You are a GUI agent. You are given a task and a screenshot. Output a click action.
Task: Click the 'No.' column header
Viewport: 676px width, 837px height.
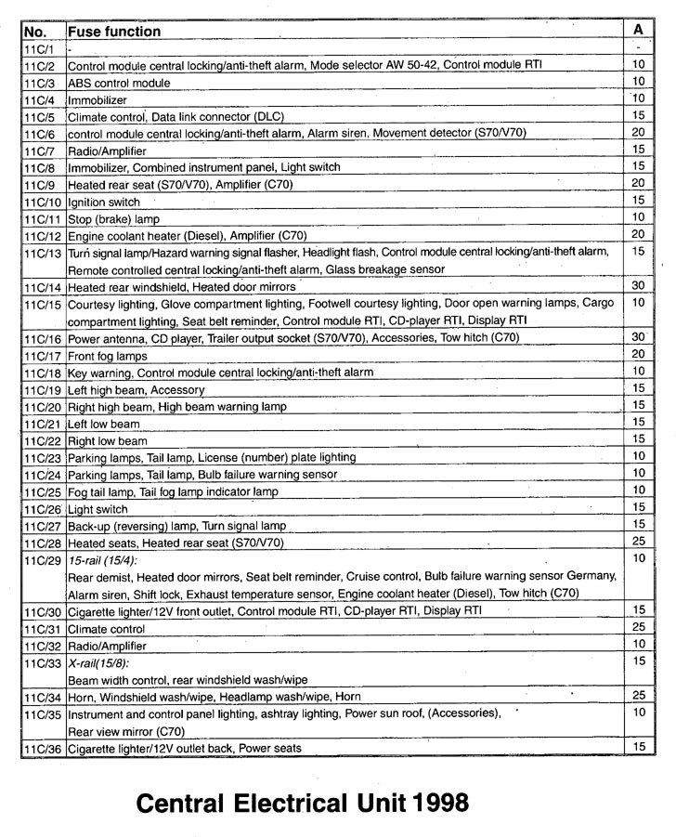(34, 31)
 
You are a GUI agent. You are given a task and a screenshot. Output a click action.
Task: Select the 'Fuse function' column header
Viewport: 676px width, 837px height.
(114, 31)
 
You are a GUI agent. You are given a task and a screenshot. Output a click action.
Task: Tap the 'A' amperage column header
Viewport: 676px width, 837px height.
(638, 30)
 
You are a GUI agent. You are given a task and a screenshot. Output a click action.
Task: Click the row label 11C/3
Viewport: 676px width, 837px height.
(41, 83)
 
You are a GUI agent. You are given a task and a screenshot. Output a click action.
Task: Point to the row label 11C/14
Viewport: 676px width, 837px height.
(44, 287)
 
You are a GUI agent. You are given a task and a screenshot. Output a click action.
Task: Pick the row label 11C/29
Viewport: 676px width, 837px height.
(44, 559)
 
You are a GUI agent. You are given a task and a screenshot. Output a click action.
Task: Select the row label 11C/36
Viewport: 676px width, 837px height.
(44, 747)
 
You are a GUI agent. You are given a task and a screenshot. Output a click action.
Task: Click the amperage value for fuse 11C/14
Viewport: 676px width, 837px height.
(638, 286)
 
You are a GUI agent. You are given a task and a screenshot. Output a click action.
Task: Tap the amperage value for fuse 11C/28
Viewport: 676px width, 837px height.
(638, 542)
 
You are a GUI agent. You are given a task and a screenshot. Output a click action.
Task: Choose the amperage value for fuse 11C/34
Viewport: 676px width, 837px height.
(638, 695)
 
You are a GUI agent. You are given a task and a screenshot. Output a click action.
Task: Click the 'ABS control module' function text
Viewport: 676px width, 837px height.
(119, 83)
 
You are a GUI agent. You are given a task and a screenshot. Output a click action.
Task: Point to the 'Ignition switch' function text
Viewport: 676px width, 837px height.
(104, 202)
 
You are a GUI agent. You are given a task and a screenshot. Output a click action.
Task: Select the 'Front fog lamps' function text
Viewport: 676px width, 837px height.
(108, 355)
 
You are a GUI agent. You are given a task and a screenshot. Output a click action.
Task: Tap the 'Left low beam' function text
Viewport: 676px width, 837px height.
(105, 424)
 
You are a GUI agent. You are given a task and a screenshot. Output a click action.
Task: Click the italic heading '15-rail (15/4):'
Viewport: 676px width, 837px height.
(102, 560)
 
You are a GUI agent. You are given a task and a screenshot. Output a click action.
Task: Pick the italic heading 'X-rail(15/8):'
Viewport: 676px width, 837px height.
(98, 662)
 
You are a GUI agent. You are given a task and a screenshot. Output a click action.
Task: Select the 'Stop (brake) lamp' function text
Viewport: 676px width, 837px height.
(115, 218)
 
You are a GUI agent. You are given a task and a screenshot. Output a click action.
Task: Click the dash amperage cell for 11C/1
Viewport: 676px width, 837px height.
(638, 48)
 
